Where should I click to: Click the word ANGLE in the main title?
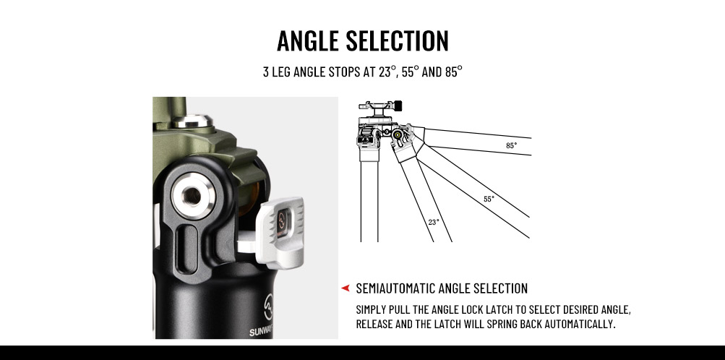point(309,40)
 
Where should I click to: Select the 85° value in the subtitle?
point(454,72)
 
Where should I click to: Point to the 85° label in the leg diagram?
point(511,145)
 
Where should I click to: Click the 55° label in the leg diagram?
point(489,200)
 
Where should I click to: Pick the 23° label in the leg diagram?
point(433,222)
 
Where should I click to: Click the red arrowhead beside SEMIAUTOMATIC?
point(345,288)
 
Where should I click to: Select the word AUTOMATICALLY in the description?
point(580,324)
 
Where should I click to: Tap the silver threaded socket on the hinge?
point(193,197)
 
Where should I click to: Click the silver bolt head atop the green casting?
point(192,121)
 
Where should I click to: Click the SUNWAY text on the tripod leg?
point(261,332)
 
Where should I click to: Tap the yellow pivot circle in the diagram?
point(397,135)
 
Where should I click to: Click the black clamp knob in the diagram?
point(398,106)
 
